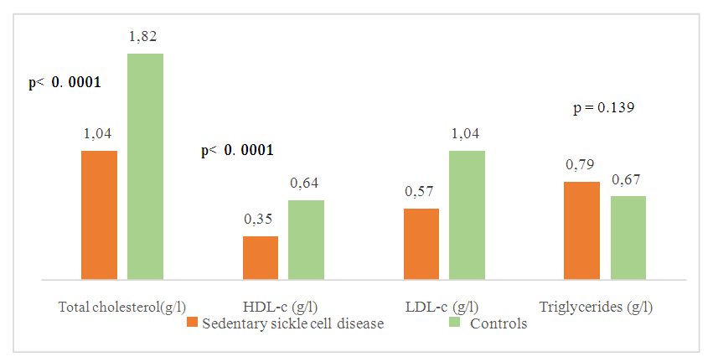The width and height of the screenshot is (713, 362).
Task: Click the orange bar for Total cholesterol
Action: tap(99, 215)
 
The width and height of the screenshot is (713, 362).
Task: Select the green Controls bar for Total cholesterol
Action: tap(145, 166)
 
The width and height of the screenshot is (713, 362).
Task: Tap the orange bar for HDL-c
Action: tap(260, 257)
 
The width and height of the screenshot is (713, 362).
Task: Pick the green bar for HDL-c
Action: tap(306, 240)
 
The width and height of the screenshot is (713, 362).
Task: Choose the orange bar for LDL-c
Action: tap(421, 244)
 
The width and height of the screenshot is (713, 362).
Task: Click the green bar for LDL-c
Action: tap(467, 215)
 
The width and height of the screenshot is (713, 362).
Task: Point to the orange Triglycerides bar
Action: tap(581, 230)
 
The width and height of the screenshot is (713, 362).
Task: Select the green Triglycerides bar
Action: tap(628, 237)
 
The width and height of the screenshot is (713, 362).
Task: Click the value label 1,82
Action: tap(143, 37)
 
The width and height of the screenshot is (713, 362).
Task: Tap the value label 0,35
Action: tap(259, 219)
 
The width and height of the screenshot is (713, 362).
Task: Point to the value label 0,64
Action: tap(304, 183)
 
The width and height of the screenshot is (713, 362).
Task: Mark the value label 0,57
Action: tap(420, 191)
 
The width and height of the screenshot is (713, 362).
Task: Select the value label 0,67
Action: tap(626, 179)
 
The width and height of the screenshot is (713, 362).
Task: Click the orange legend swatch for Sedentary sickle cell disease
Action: tap(192, 323)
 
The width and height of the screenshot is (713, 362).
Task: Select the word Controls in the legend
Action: tap(499, 323)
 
